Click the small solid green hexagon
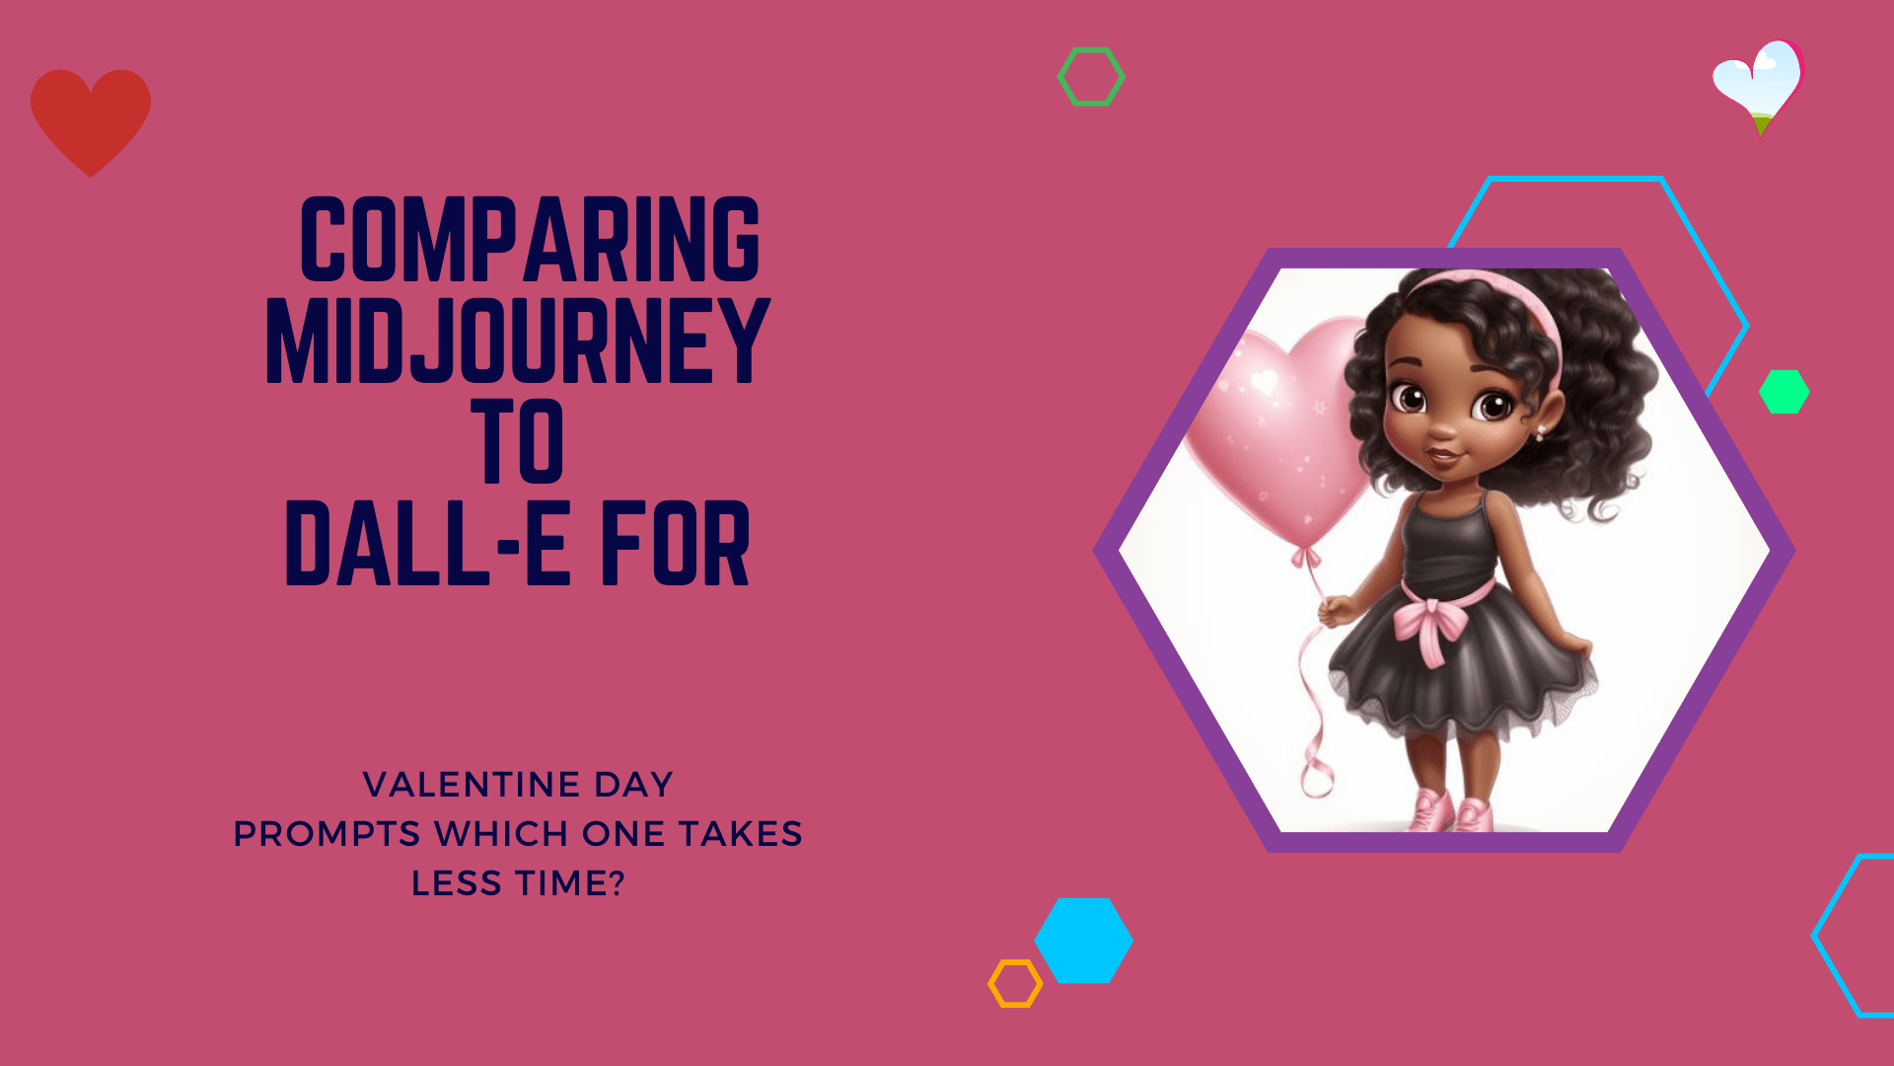point(1784,392)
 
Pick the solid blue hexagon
point(1083,940)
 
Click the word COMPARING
point(530,239)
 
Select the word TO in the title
point(517,440)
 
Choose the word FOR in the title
point(676,543)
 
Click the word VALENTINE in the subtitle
point(472,785)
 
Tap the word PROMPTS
point(327,834)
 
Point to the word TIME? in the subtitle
point(569,882)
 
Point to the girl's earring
point(1540,432)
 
